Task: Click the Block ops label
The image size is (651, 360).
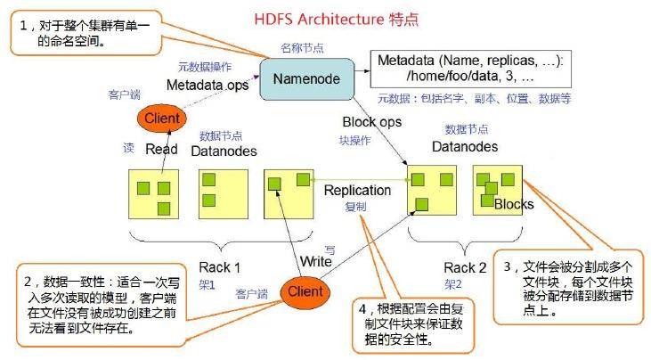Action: (x=372, y=121)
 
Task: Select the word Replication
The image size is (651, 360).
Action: (x=357, y=190)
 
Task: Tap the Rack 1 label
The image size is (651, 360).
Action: (x=219, y=267)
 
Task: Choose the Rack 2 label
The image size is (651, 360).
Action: (x=465, y=267)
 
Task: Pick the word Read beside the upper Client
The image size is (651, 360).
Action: (x=162, y=150)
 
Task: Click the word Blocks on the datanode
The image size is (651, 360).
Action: (x=514, y=204)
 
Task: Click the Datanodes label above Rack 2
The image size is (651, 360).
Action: (x=465, y=146)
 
